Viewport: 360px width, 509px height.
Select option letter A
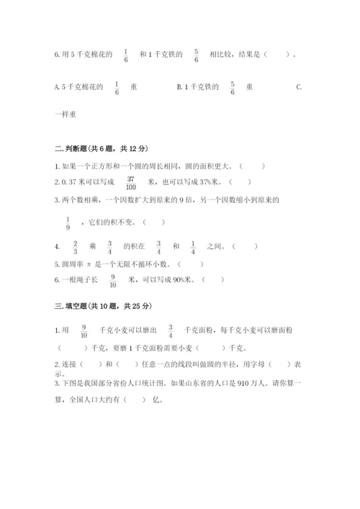(x=57, y=87)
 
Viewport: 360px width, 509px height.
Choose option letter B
(x=179, y=87)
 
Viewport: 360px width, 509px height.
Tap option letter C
(x=299, y=87)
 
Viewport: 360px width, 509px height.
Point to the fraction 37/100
(x=131, y=182)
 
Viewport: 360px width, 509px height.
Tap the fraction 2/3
(x=75, y=246)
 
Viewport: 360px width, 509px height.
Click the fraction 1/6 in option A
(x=116, y=87)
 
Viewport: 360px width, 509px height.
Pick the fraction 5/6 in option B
(x=233, y=87)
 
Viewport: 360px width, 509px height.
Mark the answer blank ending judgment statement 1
(x=252, y=166)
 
